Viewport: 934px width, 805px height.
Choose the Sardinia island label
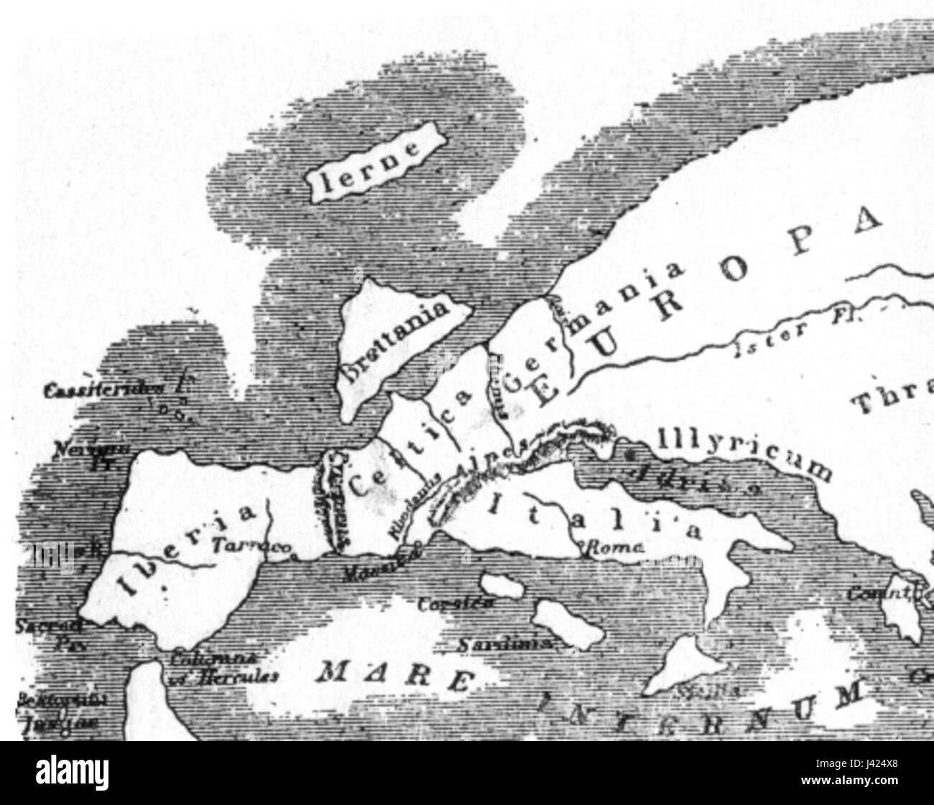click(x=505, y=645)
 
